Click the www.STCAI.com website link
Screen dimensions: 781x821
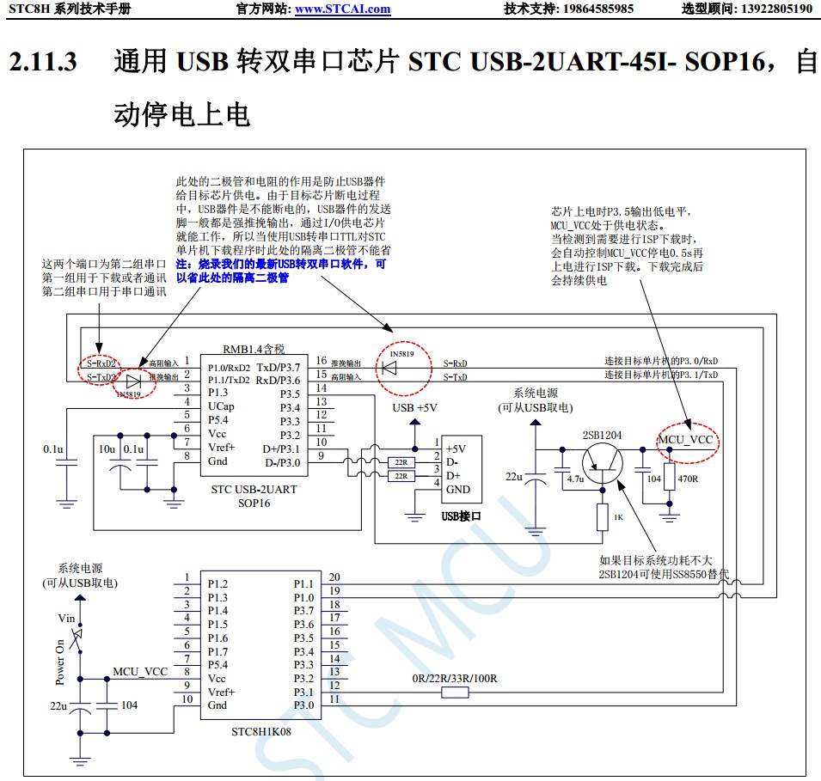(x=342, y=9)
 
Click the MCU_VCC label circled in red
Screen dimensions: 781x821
(x=686, y=440)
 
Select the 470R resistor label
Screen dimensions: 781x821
(x=689, y=478)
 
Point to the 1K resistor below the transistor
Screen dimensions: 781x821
(x=602, y=517)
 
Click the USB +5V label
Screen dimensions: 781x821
(x=415, y=407)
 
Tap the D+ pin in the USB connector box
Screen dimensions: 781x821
(x=453, y=476)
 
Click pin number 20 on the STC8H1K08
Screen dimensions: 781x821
(x=334, y=577)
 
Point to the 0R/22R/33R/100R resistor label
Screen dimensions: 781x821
(x=455, y=679)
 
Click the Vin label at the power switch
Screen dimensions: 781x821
(x=67, y=618)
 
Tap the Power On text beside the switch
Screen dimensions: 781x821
(x=60, y=661)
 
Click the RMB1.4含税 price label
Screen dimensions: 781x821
(x=253, y=350)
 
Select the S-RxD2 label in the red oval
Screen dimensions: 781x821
(x=101, y=363)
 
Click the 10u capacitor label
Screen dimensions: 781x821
(x=107, y=448)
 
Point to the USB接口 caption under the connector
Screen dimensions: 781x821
(x=461, y=516)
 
